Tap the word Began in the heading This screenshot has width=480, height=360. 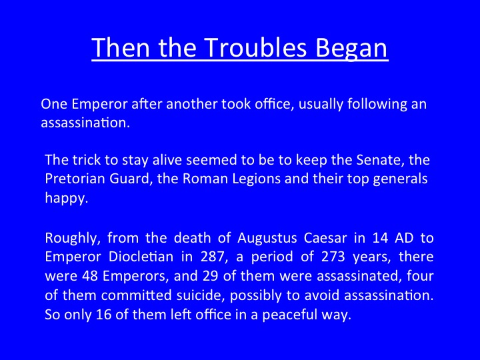click(351, 48)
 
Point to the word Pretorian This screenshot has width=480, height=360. click(75, 179)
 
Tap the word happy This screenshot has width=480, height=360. click(67, 199)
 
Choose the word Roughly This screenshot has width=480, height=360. click(73, 239)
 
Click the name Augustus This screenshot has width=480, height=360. click(267, 239)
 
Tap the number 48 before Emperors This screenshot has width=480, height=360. click(90, 276)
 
